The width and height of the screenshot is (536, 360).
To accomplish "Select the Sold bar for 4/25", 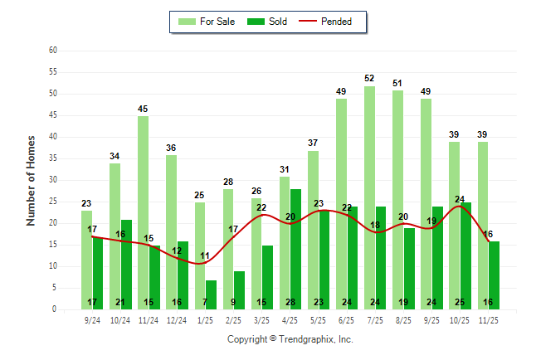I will pyautogui.click(x=296, y=249).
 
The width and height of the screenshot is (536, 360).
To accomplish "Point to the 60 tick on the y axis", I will pyautogui.click(x=53, y=51).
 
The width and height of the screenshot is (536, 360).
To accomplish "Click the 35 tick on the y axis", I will pyautogui.click(x=53, y=158).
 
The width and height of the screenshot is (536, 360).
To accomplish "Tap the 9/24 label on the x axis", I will pyautogui.click(x=92, y=319).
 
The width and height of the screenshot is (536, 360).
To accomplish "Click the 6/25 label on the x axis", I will pyautogui.click(x=347, y=319).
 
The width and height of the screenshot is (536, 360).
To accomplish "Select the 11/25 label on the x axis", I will pyautogui.click(x=489, y=319).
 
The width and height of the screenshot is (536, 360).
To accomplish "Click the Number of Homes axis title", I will pyautogui.click(x=31, y=180).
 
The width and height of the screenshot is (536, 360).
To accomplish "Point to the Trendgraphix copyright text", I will pyautogui.click(x=290, y=339).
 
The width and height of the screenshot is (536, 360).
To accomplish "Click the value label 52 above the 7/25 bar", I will pyautogui.click(x=369, y=79).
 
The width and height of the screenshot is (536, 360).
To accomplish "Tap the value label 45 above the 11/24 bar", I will pyautogui.click(x=144, y=109).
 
